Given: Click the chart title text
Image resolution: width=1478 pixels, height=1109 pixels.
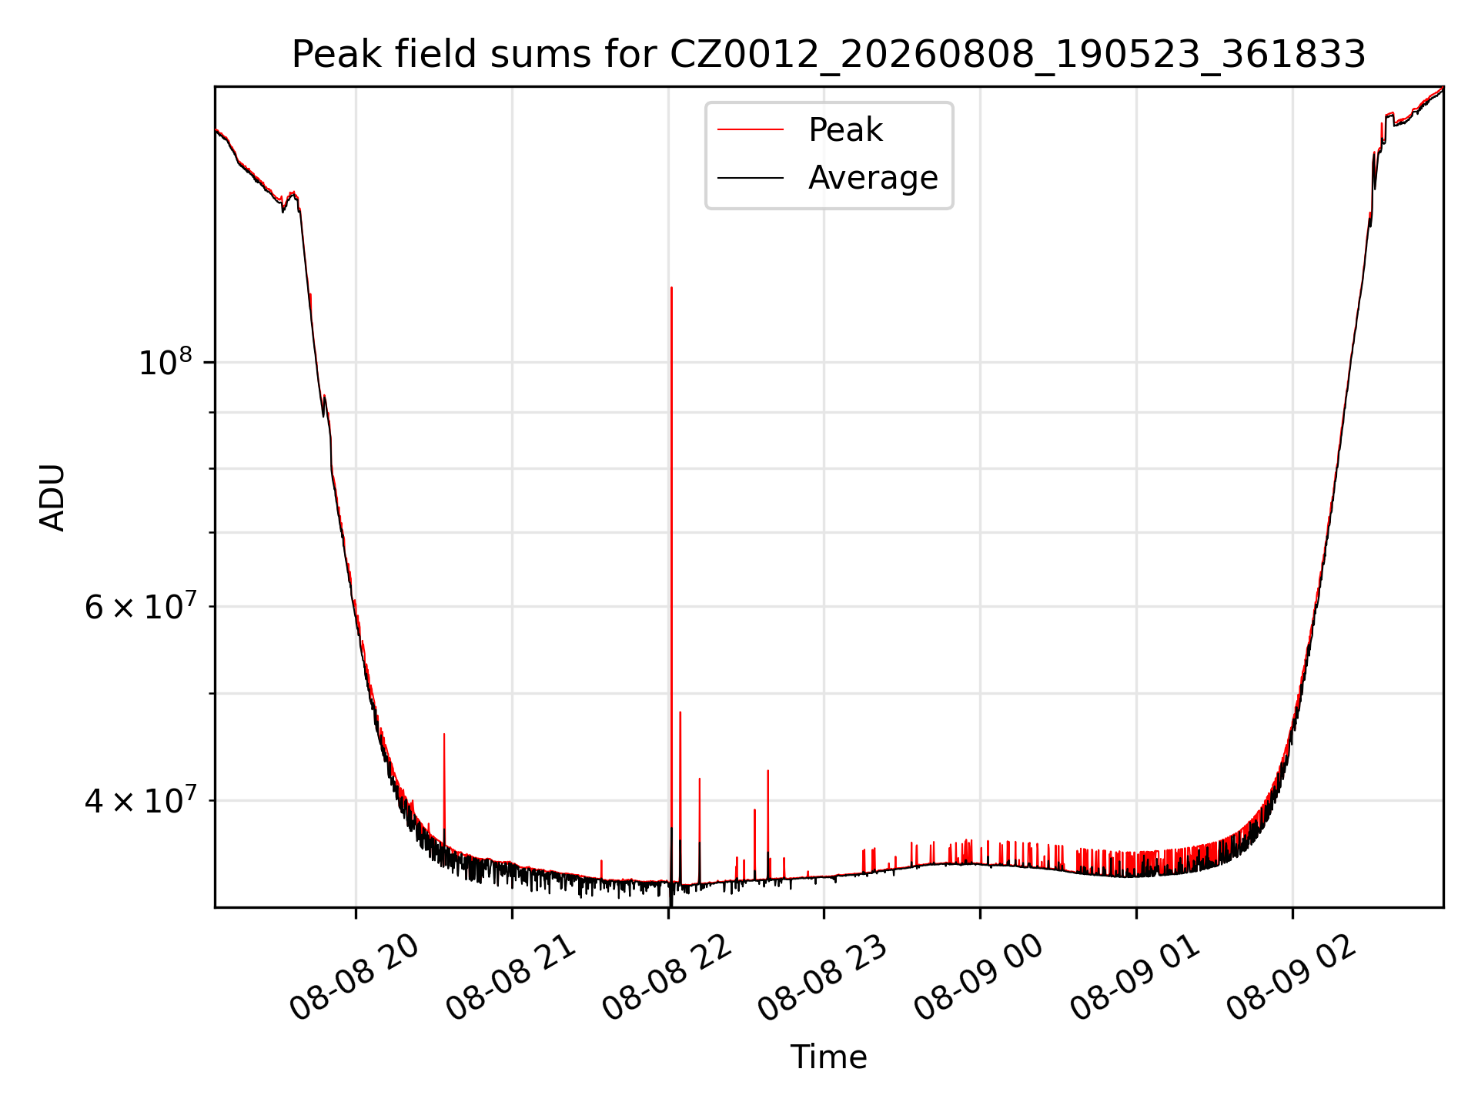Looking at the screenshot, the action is pyautogui.click(x=828, y=55).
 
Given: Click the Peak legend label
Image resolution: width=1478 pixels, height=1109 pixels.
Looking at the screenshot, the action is pyautogui.click(x=845, y=130).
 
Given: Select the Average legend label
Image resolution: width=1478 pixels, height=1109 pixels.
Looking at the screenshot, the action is pyautogui.click(x=873, y=178).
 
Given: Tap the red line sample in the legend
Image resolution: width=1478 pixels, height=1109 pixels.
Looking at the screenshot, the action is pyautogui.click(x=751, y=130).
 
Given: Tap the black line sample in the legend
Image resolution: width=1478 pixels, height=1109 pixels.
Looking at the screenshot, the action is pyautogui.click(x=751, y=178).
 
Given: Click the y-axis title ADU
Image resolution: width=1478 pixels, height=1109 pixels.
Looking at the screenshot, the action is pyautogui.click(x=52, y=498).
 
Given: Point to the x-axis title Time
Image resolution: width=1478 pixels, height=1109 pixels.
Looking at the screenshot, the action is pyautogui.click(x=828, y=1057).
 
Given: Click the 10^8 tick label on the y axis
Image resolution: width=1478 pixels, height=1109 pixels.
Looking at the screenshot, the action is pyautogui.click(x=165, y=361).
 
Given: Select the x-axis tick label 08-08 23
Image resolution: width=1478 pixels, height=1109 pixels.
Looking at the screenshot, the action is pyautogui.click(x=824, y=978).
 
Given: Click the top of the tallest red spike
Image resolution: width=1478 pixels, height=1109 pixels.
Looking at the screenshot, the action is pyautogui.click(x=671, y=288).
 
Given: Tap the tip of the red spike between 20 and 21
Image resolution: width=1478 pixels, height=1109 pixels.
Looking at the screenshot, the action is pyautogui.click(x=444, y=734).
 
